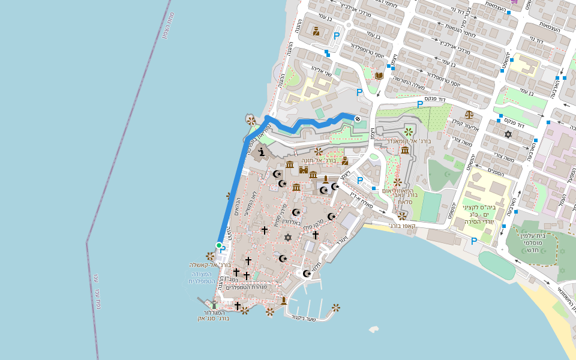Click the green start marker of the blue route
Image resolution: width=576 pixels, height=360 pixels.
coord(219,245)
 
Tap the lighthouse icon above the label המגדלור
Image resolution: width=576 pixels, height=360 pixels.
coord(214,305)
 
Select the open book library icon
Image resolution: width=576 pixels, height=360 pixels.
coord(379,76)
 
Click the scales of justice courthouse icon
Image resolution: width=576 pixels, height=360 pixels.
coord(469,113)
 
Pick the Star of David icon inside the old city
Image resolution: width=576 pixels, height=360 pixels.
coord(287,238)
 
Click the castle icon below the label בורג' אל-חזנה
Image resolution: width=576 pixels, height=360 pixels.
coord(304,170)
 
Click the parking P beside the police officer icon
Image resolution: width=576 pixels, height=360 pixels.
coord(336,36)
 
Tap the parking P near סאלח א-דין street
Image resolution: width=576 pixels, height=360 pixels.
coord(360,180)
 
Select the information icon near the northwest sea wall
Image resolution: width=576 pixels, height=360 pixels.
coord(260,152)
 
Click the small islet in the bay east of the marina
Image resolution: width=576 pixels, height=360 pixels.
coord(374,329)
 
